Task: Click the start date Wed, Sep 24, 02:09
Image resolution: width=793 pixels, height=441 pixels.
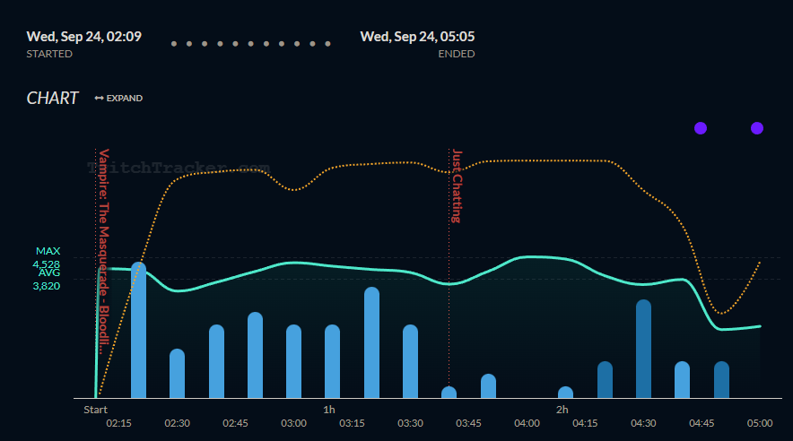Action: point(83,37)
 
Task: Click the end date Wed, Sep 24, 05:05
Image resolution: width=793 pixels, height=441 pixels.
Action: point(417,37)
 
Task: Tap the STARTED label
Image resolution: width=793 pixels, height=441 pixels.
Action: point(49,54)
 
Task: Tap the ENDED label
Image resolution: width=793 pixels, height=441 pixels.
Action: point(456,54)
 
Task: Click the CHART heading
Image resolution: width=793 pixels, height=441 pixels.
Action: point(52,99)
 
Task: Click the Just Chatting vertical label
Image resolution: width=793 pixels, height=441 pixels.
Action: point(457,186)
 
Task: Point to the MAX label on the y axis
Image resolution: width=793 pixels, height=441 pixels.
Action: point(48,251)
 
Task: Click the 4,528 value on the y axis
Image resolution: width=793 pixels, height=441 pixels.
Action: point(46,264)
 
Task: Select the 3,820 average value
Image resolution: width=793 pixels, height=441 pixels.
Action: point(46,286)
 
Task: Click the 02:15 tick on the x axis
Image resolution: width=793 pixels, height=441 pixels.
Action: point(119,423)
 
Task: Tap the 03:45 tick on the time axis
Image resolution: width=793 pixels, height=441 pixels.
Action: point(468,423)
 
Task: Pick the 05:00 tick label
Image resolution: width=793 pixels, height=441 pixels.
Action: point(760,423)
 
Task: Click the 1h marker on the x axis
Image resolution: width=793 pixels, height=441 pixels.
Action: point(329,410)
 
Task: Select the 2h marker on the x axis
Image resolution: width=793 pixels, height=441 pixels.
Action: point(562,410)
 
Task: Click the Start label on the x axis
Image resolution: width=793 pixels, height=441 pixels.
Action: point(95,410)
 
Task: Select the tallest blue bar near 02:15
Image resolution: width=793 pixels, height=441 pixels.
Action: point(138,332)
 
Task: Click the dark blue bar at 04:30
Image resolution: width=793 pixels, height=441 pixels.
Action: point(643,350)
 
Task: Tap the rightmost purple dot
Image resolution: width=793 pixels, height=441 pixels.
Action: point(757,128)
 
